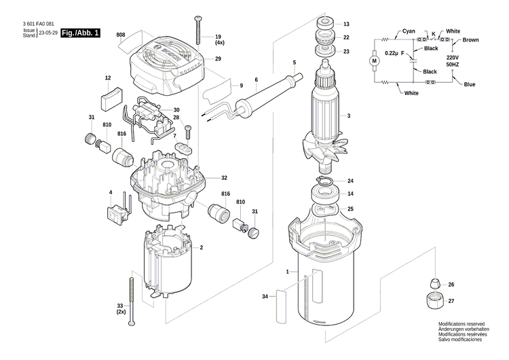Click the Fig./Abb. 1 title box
coord(79,33)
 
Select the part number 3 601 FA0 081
coord(34,23)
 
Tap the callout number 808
coord(121,35)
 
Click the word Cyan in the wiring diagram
coord(409,31)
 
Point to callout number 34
coord(265,297)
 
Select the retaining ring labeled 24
coord(325,181)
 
